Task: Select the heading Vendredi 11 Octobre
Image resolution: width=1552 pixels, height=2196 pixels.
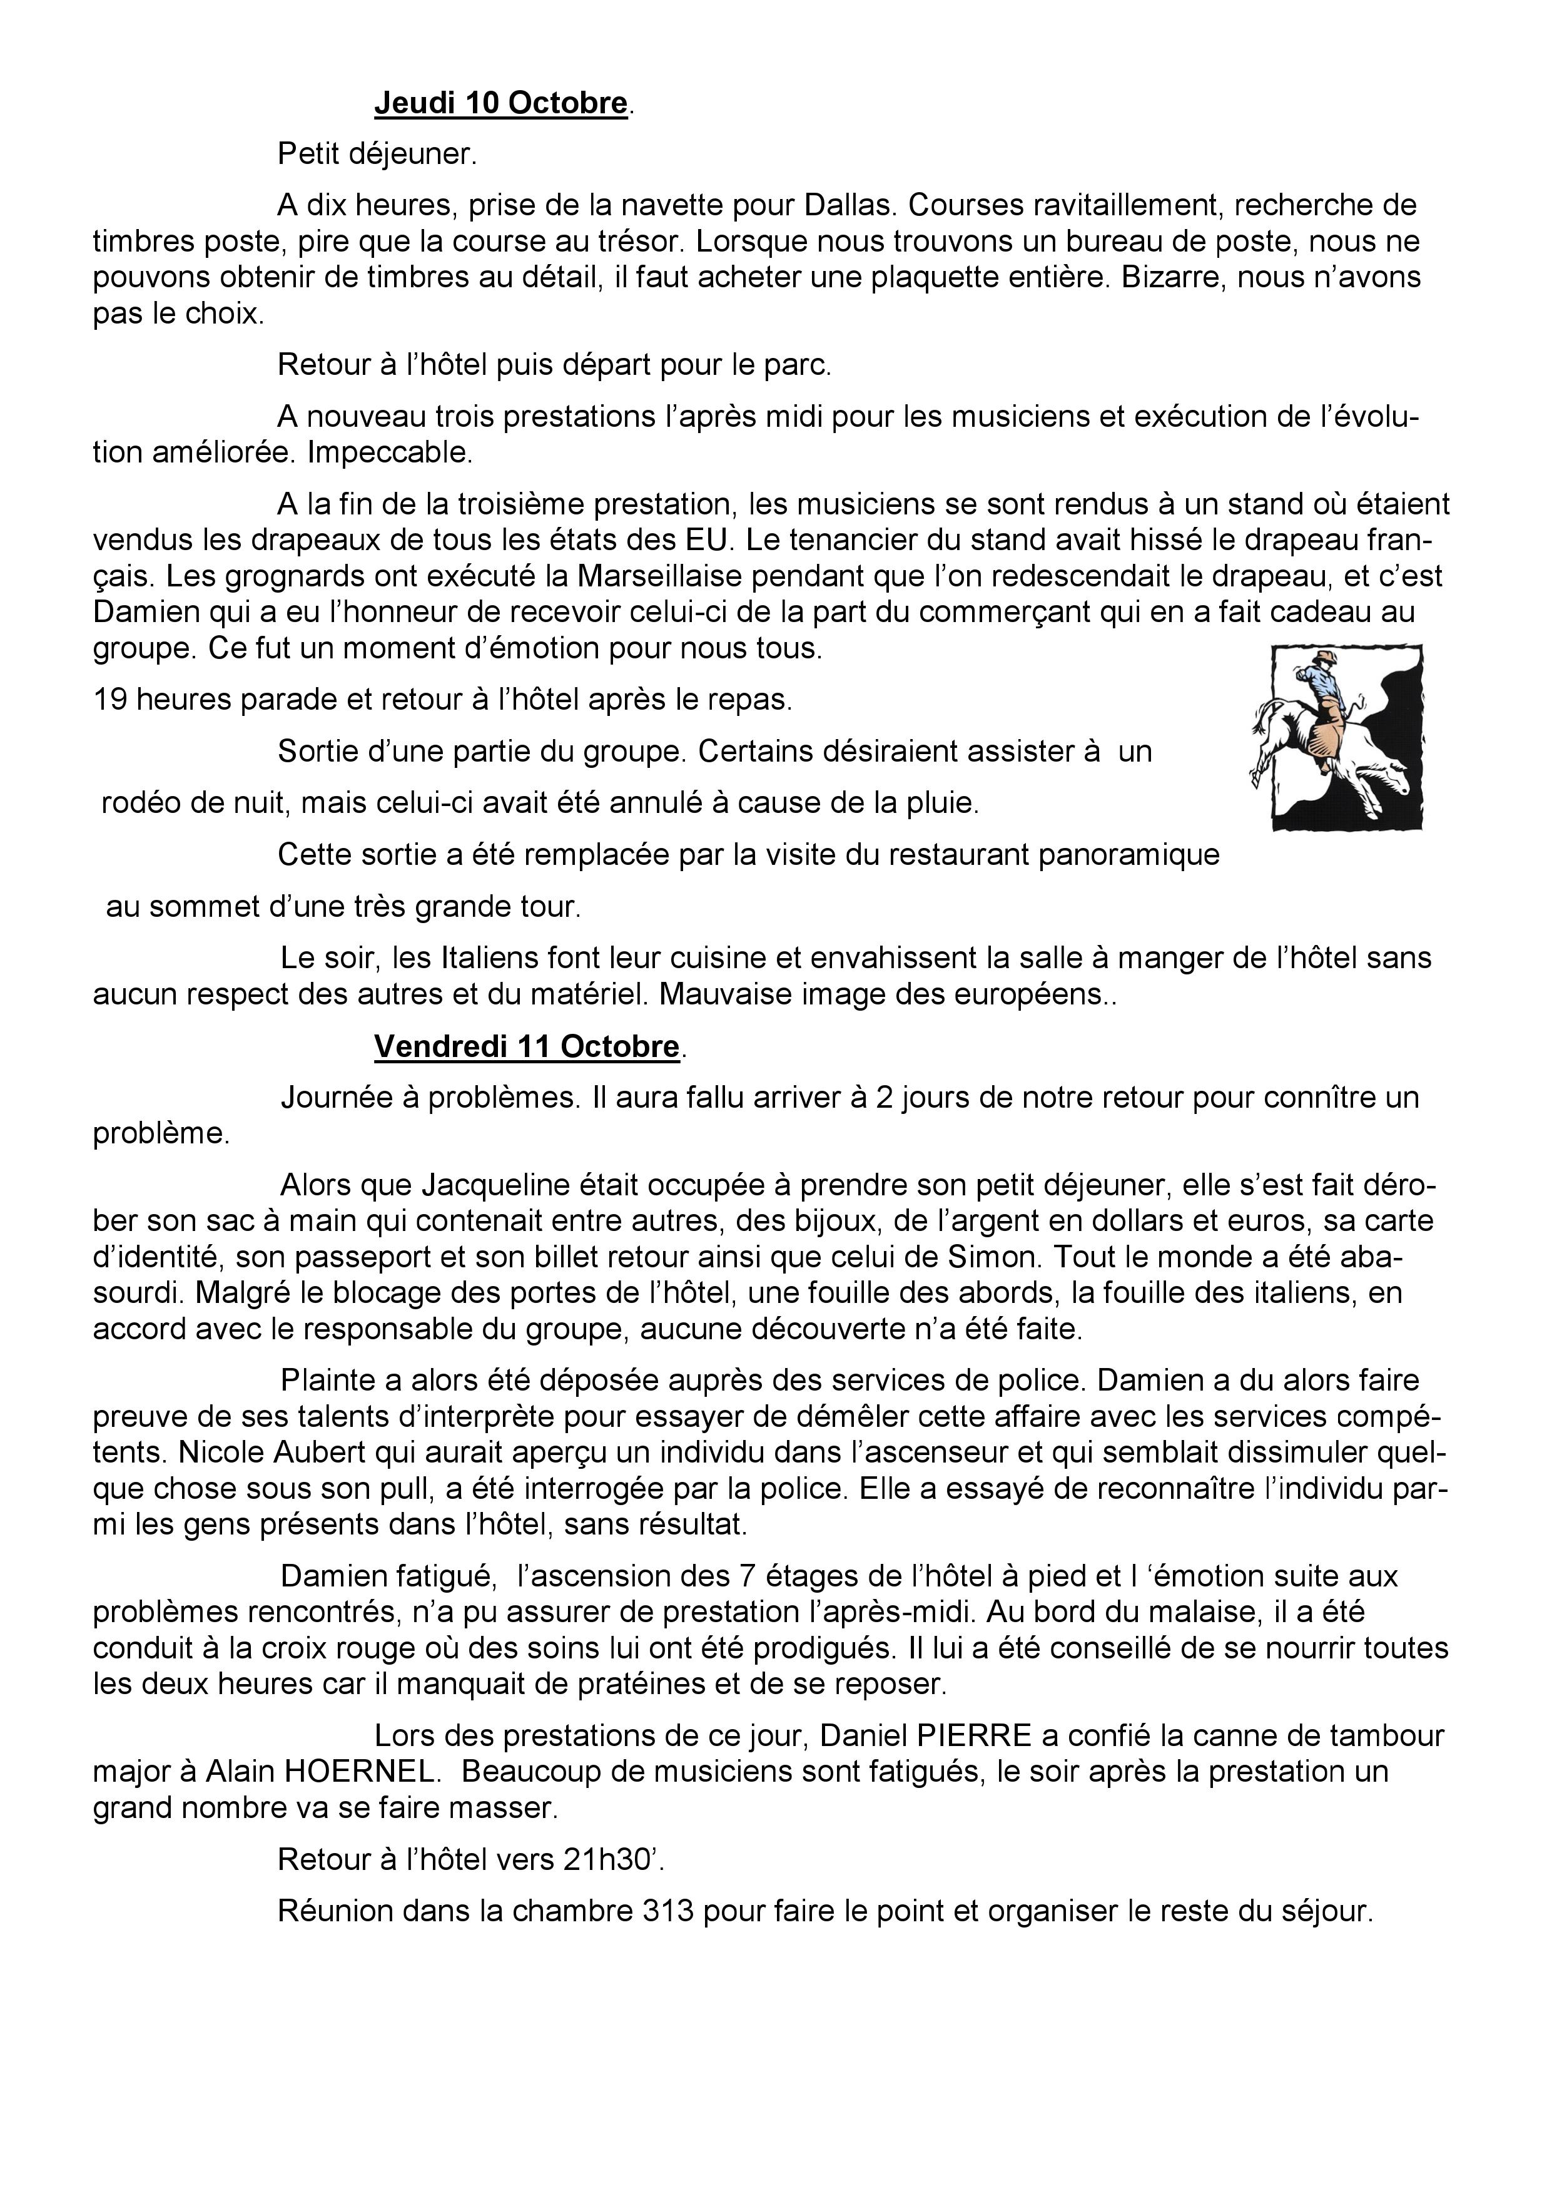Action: [x=526, y=1046]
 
